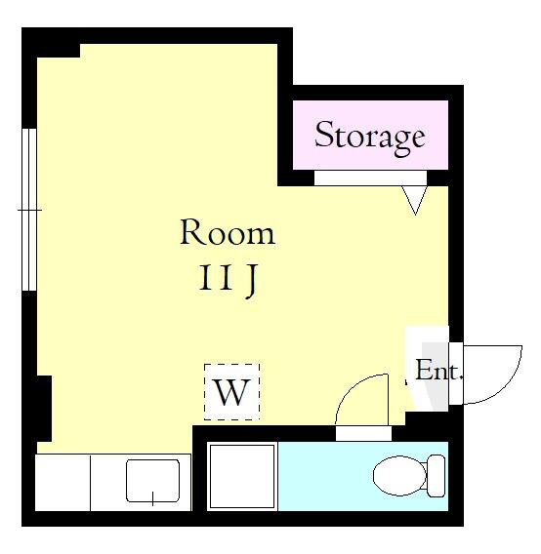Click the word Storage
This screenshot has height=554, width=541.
(x=370, y=138)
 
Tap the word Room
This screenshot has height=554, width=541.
(x=228, y=232)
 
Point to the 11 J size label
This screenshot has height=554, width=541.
(x=228, y=282)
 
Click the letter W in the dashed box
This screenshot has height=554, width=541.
(x=232, y=392)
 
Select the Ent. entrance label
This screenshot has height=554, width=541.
(x=438, y=371)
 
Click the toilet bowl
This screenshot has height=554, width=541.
(x=399, y=476)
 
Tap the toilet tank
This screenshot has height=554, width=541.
(x=436, y=476)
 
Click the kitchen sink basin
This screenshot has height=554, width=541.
(x=153, y=481)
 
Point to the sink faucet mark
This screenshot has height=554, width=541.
(x=152, y=498)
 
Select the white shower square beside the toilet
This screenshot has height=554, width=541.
(x=242, y=476)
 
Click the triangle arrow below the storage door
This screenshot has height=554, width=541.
(x=415, y=200)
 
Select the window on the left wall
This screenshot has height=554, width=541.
(x=29, y=210)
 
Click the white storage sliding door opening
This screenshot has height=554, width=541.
(x=370, y=178)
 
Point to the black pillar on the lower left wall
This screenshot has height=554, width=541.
(x=44, y=408)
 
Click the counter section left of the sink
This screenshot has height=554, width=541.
(x=62, y=482)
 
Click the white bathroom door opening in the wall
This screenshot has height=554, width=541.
(x=363, y=433)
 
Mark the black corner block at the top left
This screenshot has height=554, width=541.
(x=52, y=43)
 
